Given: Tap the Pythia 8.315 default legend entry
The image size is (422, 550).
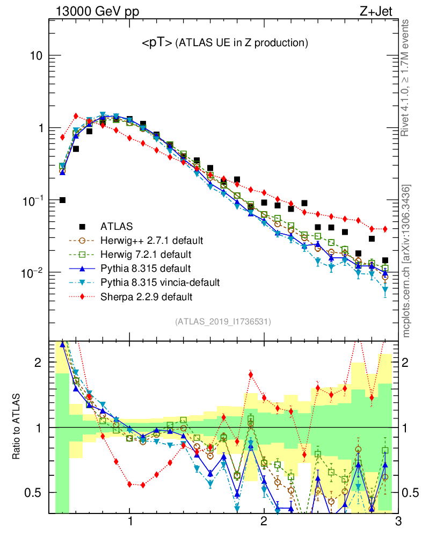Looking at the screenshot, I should pos(139,268).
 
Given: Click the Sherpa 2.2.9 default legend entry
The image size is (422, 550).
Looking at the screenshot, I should pos(140,296).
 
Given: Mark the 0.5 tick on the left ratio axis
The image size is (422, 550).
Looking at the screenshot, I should pos(35,493).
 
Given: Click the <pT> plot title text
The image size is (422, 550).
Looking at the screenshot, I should pos(224,44).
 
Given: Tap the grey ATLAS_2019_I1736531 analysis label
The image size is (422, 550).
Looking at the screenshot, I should pos(223,322).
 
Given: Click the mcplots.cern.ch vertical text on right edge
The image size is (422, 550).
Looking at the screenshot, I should pos(406,260).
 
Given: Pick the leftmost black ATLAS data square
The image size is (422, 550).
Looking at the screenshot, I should pos(62,200).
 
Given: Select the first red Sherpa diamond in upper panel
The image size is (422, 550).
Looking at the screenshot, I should pos(62,137).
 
